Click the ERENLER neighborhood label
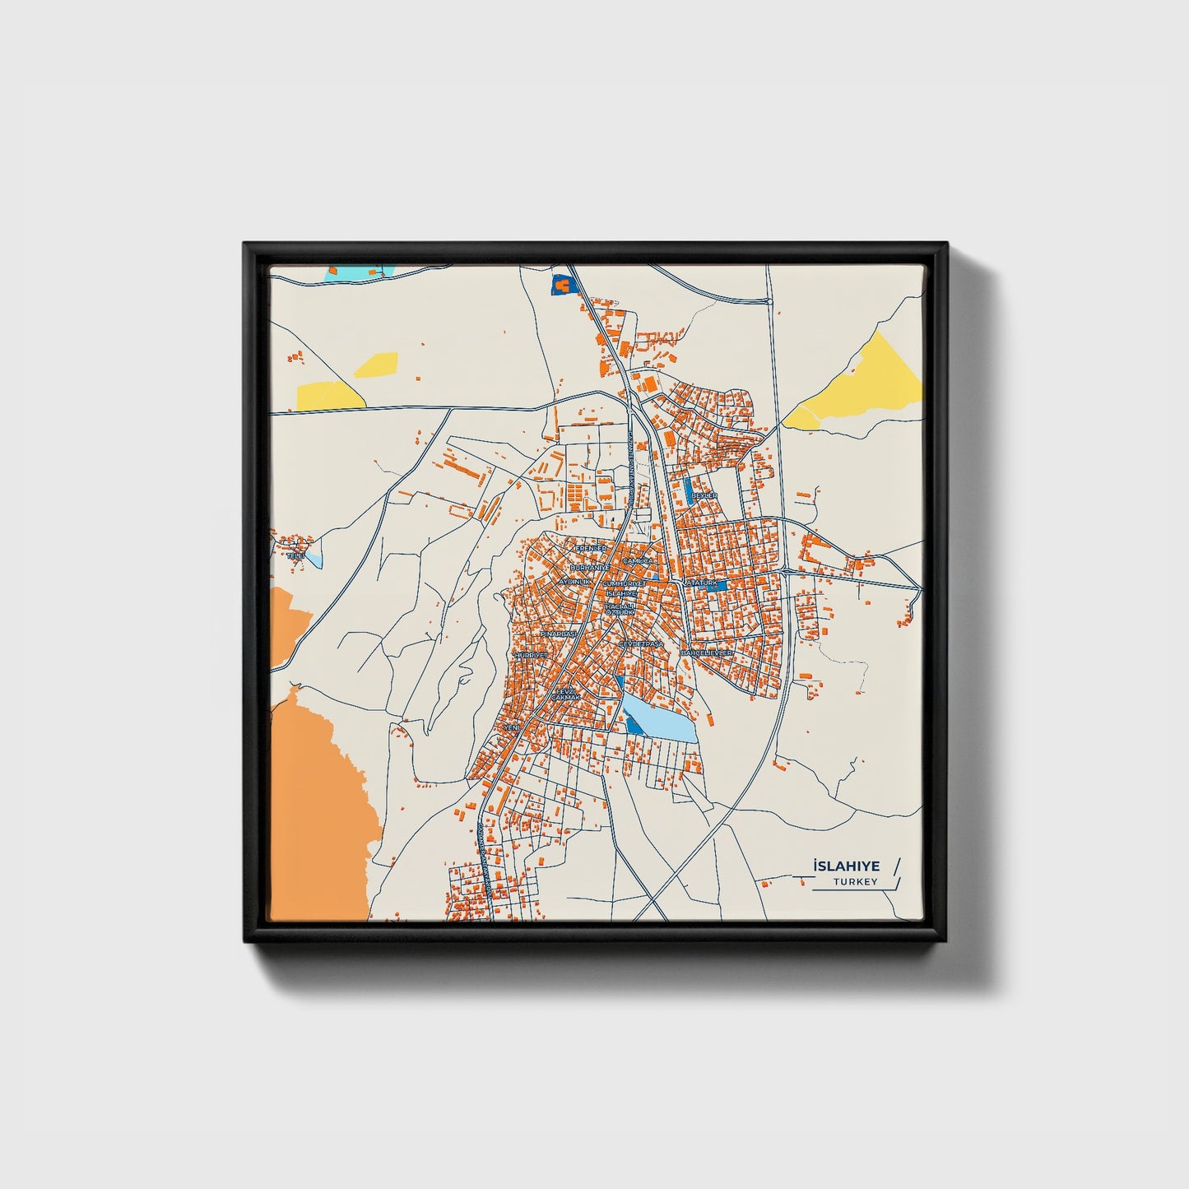point(591,548)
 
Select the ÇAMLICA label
point(638,560)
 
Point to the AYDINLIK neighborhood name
point(575,582)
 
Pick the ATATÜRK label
point(702,583)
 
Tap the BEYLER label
point(704,495)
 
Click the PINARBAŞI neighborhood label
point(558,635)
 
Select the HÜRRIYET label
point(531,655)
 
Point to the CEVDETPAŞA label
point(640,643)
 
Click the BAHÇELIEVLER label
point(706,653)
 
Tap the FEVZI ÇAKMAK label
point(567,695)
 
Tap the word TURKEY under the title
point(855,882)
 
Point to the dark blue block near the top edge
point(560,284)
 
